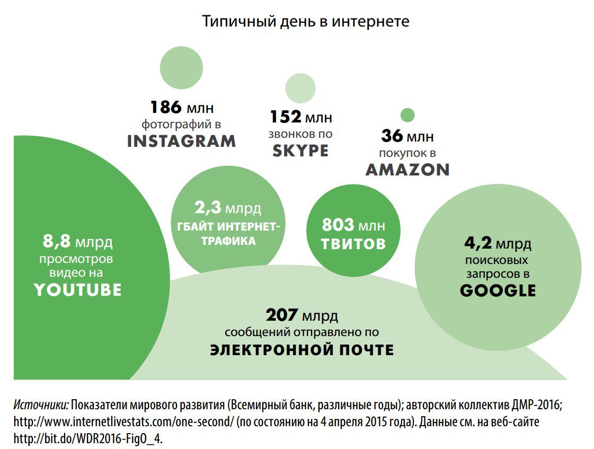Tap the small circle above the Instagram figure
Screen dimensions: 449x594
[x=182, y=67]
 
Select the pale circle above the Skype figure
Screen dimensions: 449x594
[x=300, y=88]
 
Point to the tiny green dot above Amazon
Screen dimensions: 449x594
[x=407, y=115]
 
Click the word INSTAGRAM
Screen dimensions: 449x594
[x=181, y=141]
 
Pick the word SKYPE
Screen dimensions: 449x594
[x=300, y=151]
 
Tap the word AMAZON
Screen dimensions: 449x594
[x=407, y=170]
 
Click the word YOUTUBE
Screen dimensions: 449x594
[x=78, y=289]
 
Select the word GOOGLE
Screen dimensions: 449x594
[x=498, y=290]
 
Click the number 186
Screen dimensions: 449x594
[x=166, y=108]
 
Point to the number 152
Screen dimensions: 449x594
[x=285, y=117]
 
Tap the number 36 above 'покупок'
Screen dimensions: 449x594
[x=392, y=136]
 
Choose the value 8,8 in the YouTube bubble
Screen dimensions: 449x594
[x=56, y=242]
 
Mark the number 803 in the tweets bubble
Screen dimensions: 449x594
[x=338, y=225]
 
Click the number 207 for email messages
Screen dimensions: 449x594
[x=282, y=316]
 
